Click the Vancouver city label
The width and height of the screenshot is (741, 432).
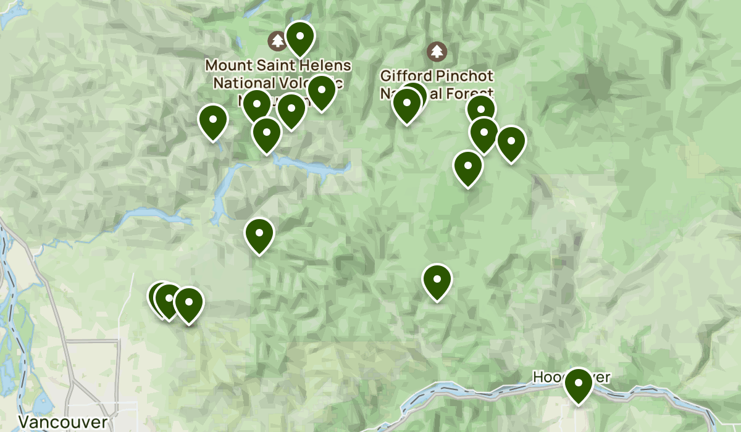(x=63, y=422)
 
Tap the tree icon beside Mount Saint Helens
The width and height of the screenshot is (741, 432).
(x=277, y=41)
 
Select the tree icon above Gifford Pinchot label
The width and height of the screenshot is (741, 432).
(x=437, y=50)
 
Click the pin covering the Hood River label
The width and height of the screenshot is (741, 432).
(x=579, y=384)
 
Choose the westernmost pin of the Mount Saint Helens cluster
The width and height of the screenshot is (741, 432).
(x=213, y=121)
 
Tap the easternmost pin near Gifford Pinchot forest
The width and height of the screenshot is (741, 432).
(x=511, y=143)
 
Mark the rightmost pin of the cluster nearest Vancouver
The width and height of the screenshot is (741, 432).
(x=188, y=304)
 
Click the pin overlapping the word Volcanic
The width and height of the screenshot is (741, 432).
(x=321, y=91)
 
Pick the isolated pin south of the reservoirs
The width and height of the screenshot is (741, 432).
(x=259, y=235)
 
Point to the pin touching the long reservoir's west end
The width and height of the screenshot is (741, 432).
(x=267, y=134)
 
